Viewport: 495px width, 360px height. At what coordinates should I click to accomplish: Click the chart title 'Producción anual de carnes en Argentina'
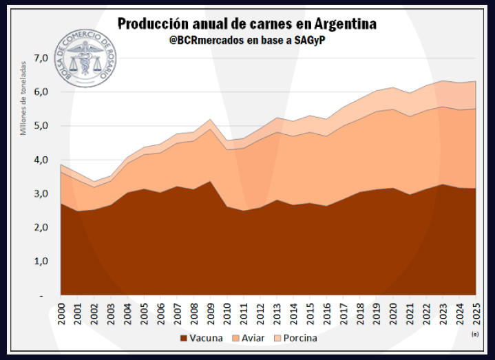tap(247, 24)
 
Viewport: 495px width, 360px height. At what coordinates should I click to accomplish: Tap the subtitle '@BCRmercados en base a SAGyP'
tap(247, 42)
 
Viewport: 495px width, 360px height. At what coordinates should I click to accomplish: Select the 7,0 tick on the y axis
tap(42, 58)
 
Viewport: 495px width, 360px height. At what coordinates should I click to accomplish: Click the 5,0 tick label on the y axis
tap(42, 126)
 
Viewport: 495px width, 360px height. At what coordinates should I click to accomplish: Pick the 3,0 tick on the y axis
tap(42, 194)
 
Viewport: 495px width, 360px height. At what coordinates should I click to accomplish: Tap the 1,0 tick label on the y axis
tap(42, 262)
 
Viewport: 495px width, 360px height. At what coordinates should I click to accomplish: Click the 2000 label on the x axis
tap(61, 313)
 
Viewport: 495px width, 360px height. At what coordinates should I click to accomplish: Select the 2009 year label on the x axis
tap(211, 313)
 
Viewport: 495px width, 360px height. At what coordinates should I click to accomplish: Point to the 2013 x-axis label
tap(277, 313)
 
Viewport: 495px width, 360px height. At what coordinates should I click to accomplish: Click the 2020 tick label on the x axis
tap(393, 313)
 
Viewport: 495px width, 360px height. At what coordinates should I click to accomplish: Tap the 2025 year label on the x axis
tap(476, 313)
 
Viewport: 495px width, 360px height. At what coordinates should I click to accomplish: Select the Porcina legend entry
tap(295, 339)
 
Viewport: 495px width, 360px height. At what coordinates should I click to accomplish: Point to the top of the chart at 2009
tap(211, 119)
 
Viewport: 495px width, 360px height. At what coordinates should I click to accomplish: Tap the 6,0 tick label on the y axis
tap(42, 92)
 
